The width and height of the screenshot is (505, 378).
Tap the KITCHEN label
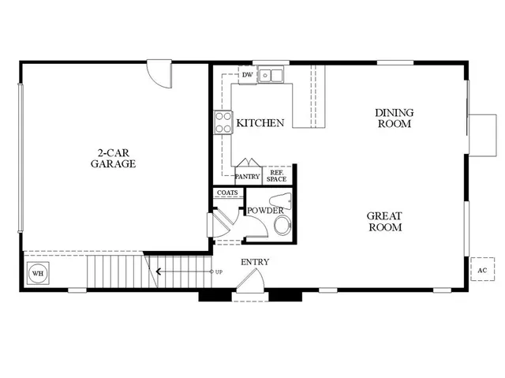260,123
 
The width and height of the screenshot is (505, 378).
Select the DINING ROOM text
394,118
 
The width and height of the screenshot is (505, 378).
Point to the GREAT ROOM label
384,222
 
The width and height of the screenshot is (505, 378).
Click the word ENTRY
255,263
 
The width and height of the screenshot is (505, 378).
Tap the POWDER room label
265,211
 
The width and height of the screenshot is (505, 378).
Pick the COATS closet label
227,193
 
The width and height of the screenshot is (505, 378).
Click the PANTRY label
248,177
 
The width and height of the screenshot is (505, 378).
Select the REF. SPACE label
277,175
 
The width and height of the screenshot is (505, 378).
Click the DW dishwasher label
247,76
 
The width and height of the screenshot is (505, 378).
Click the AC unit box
481,269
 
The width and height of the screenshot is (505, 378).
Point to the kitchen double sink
273,76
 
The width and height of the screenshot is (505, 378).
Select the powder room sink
285,200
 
